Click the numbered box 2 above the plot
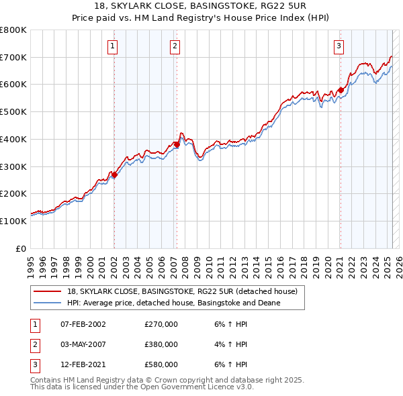point(174,46)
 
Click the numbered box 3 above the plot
point(339,46)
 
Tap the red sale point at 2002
point(114,175)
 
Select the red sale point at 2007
point(177,144)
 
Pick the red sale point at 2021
point(341,90)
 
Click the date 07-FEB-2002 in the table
point(83,324)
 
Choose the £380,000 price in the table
point(161,344)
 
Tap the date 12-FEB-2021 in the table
point(83,364)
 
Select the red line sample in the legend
point(46,291)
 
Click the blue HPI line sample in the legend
point(46,303)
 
